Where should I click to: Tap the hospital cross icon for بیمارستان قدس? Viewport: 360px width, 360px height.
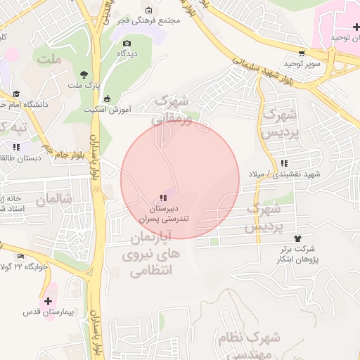pos(48,300)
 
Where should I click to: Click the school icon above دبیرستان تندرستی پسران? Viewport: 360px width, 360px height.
pos(163,198)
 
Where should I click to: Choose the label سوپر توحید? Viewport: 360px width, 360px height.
pos(302,64)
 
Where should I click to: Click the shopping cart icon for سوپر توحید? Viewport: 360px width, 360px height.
pos(302,53)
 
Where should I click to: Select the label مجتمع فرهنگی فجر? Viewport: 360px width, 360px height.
pos(149,20)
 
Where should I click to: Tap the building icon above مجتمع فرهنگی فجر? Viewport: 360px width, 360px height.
pos(149,10)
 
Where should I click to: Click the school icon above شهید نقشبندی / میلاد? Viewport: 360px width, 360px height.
pos(283,163)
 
